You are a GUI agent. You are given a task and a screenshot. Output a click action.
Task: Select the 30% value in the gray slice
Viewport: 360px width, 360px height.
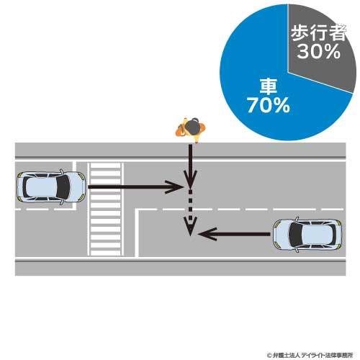coord(318,51)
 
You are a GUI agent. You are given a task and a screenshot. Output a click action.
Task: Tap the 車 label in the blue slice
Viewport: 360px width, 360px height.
coord(269,86)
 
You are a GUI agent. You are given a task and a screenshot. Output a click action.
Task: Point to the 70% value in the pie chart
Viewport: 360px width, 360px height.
coord(269,105)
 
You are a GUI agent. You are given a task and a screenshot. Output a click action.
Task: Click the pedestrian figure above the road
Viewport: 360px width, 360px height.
coord(191,130)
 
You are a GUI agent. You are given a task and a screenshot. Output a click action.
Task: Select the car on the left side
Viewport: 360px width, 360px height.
coord(50,187)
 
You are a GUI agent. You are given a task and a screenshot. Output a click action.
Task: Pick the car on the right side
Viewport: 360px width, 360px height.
coord(308,235)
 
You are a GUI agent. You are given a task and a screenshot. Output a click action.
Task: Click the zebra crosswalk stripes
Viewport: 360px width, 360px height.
coord(105,209)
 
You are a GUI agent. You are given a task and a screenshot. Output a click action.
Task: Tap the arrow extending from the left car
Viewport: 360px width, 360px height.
coord(136,187)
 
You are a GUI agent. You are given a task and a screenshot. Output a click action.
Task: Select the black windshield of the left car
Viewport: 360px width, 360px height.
coord(63,187)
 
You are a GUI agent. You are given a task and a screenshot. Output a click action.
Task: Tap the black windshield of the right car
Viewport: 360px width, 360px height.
coord(295,235)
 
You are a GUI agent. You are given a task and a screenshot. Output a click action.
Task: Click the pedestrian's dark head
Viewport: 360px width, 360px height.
coord(192,127)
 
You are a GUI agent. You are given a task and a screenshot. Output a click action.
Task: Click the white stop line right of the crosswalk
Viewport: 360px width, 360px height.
coord(137,233)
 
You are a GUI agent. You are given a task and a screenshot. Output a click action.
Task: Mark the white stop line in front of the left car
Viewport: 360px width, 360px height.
coord(74,186)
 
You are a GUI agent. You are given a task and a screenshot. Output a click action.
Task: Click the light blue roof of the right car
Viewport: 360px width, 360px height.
coord(317,235)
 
